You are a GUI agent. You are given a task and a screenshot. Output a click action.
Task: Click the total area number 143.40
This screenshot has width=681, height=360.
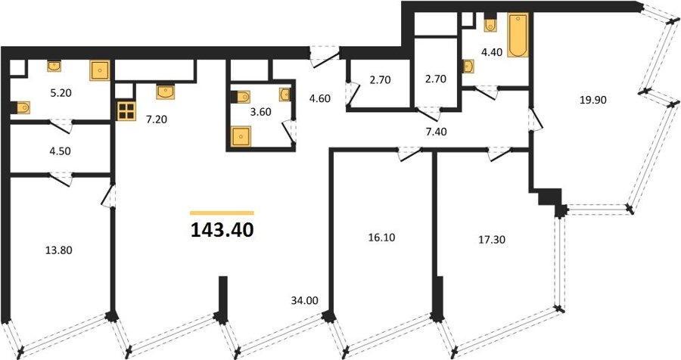(222, 230)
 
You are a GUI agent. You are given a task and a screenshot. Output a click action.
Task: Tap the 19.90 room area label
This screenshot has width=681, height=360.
(592, 101)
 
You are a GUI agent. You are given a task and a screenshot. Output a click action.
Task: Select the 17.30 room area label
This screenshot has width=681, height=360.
(492, 239)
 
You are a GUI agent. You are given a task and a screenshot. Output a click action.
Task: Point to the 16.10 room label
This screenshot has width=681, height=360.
(381, 237)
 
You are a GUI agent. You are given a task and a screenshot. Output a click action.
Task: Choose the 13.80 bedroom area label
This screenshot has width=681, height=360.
(58, 250)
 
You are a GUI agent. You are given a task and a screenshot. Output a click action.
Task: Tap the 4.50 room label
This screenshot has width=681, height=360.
(61, 151)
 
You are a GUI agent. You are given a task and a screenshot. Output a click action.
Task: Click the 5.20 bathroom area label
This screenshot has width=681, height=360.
(61, 93)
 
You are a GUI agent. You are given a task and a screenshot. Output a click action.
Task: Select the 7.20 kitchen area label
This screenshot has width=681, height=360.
(157, 119)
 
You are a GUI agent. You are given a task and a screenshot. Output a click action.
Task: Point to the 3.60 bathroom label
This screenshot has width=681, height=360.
(260, 112)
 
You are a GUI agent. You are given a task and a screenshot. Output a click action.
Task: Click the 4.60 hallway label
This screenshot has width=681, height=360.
(319, 98)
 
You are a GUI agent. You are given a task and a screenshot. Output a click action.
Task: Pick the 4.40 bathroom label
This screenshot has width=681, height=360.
(492, 52)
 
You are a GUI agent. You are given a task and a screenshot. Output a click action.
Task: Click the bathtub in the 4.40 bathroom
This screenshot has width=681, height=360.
(518, 36)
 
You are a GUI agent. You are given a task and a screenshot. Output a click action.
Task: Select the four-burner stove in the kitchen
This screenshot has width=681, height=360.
(126, 110)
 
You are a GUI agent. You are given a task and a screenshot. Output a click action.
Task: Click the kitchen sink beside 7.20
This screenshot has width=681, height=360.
(166, 92)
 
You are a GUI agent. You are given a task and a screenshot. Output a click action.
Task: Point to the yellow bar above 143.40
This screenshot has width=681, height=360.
(222, 213)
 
